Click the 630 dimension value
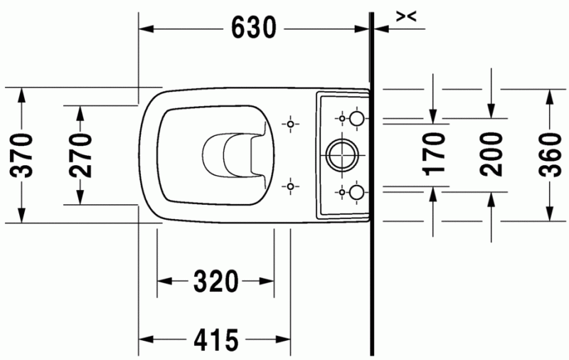click(254, 28)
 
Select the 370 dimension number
click(23, 154)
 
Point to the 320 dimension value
click(216, 282)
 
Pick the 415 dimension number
click(216, 340)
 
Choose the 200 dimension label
click(491, 153)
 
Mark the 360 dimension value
click(550, 153)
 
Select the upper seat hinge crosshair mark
click(289, 124)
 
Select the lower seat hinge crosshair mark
click(289, 186)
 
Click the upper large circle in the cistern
click(357, 117)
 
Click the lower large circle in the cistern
click(357, 191)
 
